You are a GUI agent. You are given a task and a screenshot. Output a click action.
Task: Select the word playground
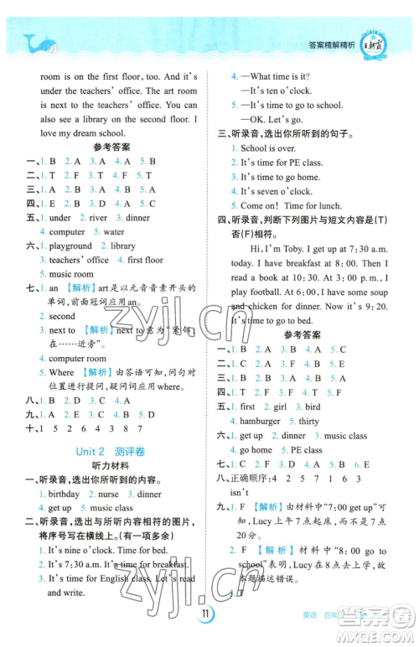(70, 246)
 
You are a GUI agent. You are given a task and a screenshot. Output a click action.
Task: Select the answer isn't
(240, 492)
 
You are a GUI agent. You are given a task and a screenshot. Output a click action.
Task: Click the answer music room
(71, 274)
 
